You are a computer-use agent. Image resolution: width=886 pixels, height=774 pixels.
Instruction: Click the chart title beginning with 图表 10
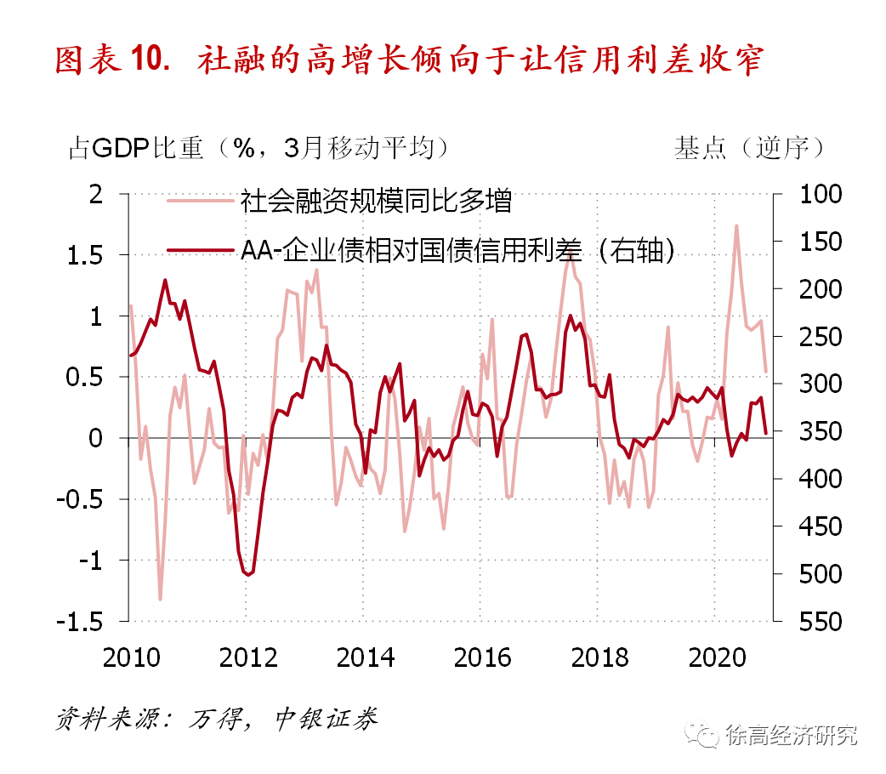(409, 62)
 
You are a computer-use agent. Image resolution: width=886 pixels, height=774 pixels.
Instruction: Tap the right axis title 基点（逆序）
(749, 147)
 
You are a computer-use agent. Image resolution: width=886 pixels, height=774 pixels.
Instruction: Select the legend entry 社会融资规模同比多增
(375, 202)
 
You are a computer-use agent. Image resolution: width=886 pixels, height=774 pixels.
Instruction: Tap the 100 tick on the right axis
(818, 195)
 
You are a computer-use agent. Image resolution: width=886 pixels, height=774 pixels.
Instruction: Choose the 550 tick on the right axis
(818, 622)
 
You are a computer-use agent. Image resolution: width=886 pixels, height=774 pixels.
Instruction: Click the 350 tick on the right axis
(818, 432)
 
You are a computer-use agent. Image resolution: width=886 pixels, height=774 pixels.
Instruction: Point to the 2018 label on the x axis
(599, 657)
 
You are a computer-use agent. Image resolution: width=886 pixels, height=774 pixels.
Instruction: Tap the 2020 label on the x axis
(715, 657)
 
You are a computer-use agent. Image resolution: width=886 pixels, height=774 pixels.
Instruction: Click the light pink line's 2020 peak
(735, 226)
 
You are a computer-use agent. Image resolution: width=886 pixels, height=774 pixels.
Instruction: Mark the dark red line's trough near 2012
(248, 575)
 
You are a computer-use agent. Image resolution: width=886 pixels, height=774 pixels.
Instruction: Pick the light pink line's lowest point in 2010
(160, 599)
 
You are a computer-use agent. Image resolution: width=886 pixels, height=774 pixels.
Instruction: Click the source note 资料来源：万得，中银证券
(216, 719)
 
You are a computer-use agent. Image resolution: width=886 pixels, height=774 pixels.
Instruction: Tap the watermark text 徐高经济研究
(791, 735)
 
